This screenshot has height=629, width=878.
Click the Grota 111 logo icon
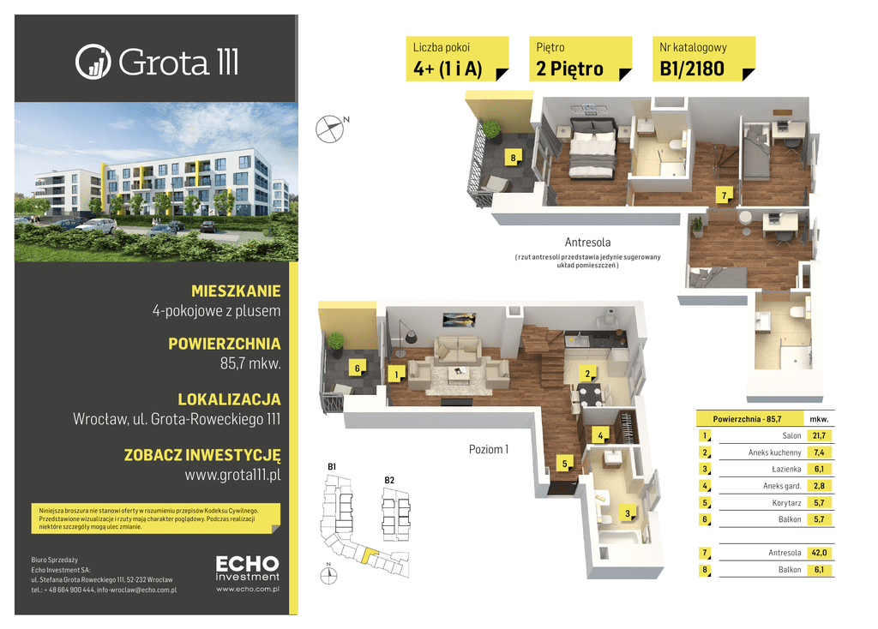point(93,62)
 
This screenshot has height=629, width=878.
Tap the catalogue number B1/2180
point(692,69)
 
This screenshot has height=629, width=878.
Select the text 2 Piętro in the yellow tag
point(569,69)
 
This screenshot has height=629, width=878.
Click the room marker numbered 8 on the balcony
point(513,158)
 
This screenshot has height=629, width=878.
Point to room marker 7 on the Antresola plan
point(724,195)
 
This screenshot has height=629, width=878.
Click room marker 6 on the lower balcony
point(358,368)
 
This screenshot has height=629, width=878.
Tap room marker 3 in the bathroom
point(628,513)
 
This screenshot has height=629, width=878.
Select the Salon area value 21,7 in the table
point(819,435)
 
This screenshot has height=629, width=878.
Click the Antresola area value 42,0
point(819,553)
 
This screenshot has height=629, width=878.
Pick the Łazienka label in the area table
point(786,469)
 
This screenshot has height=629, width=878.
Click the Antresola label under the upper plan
point(587,243)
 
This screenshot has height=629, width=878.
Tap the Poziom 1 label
point(488,449)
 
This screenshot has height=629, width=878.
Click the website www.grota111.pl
point(232,476)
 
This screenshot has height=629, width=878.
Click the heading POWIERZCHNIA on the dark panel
point(225,344)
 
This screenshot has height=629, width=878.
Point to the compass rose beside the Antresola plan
point(330,129)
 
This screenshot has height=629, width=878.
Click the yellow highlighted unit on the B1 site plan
point(369,555)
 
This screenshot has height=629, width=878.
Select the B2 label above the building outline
point(389,480)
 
